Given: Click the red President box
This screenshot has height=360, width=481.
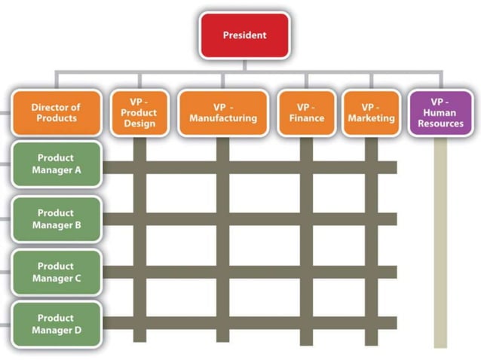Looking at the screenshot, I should (x=244, y=35).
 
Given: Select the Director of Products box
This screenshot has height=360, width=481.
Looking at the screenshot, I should (x=56, y=113).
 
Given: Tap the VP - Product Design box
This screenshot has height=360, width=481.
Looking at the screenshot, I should (x=139, y=113).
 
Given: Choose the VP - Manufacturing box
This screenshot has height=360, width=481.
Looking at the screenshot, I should (x=222, y=113).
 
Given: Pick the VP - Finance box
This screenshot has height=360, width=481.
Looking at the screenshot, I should (x=306, y=113).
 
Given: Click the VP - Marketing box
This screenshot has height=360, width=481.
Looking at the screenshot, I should (x=371, y=113).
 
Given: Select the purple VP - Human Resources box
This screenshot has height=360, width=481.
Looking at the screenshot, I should (x=440, y=113).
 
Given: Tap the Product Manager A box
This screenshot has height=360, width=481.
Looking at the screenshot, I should (x=56, y=164).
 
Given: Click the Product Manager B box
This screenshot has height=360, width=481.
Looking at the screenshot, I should (x=56, y=219).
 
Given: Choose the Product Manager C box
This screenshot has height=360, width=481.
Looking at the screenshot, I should (x=56, y=272).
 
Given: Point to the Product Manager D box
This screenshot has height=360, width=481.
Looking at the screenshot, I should (x=56, y=325).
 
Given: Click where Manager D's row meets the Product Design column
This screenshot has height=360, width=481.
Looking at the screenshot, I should (x=139, y=323).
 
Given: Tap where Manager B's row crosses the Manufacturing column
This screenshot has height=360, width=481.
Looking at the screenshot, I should (x=222, y=219).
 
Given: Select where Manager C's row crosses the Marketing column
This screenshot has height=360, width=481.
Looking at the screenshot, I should (x=371, y=272).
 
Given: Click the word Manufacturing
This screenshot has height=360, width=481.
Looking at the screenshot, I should (x=222, y=118).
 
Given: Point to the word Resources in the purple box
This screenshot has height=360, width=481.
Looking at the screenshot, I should (x=440, y=124).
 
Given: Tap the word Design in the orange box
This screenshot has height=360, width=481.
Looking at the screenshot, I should (x=139, y=124).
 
